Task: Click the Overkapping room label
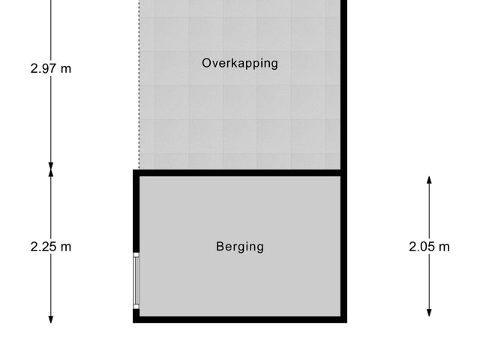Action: point(240,63)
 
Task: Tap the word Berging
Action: point(240,246)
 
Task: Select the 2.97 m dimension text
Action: point(51,68)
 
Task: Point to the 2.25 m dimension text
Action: point(51,246)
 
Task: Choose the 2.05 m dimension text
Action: point(430,246)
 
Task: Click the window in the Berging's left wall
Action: point(136,280)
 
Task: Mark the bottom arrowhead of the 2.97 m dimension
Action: point(51,166)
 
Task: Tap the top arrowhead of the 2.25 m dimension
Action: point(51,174)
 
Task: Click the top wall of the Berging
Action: point(240,173)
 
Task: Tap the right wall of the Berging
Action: point(345,246)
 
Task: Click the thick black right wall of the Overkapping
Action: point(345,82)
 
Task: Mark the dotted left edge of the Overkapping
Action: point(139,82)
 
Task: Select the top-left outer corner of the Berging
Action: point(134,171)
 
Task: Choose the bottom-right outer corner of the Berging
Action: point(348,322)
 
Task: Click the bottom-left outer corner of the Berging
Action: point(134,322)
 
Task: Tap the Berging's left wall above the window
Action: point(136,214)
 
